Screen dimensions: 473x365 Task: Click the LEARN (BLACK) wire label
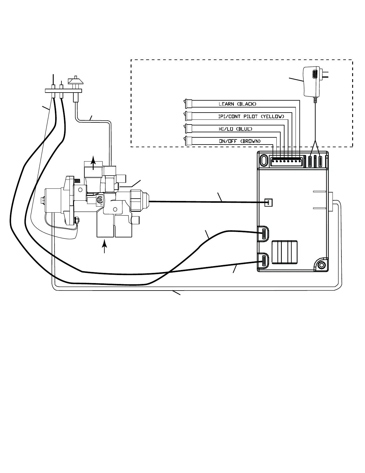(237, 104)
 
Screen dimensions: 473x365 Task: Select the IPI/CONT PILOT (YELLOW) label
(251, 116)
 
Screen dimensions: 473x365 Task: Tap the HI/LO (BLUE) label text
(236, 129)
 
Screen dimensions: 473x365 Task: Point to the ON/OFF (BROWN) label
(240, 141)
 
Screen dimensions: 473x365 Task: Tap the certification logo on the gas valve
(99, 200)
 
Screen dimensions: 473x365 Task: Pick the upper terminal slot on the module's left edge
(264, 233)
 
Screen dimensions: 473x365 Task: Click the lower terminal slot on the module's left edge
(264, 260)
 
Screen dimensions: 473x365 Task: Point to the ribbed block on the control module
(284, 252)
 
